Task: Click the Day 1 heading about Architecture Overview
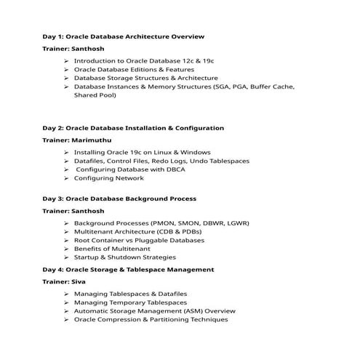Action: (123, 36)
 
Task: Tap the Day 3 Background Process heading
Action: (119, 199)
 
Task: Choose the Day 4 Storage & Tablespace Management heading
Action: (128, 269)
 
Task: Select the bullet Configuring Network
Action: (109, 178)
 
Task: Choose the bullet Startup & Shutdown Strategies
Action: (124, 257)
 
